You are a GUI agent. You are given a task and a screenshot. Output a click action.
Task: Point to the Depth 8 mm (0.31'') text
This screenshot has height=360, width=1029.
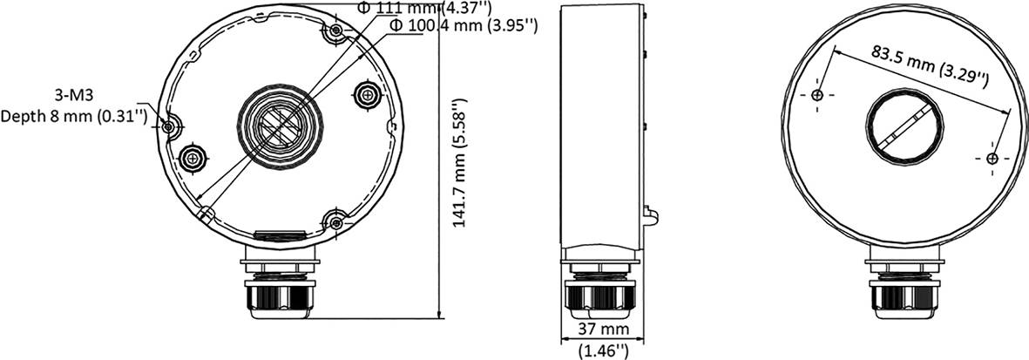[74, 115]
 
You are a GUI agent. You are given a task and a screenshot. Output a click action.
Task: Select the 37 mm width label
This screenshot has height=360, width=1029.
[603, 331]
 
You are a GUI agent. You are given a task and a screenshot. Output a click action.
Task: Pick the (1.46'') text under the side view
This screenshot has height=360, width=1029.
[603, 351]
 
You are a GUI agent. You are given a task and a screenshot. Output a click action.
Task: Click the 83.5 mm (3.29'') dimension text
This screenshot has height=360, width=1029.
[930, 66]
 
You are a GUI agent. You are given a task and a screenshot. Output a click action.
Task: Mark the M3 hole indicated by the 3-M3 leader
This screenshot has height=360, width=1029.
[171, 126]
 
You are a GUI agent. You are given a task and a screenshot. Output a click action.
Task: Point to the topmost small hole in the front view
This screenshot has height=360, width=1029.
[336, 33]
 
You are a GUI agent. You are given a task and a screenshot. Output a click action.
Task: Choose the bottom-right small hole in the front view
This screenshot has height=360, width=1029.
[336, 219]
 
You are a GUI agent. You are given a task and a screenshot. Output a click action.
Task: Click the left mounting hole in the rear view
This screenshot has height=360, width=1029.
[816, 94]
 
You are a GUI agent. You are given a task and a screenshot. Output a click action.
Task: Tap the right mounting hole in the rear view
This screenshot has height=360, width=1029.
[992, 159]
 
